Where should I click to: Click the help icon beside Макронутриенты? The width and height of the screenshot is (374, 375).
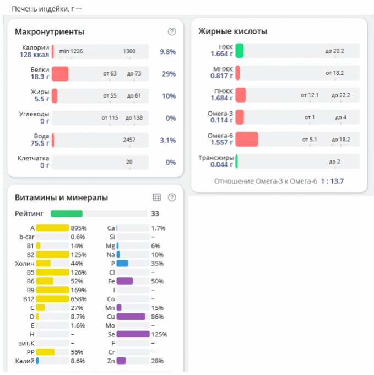172,31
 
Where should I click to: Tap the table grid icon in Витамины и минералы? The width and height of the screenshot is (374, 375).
156,197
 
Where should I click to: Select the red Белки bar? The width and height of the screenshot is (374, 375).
60,74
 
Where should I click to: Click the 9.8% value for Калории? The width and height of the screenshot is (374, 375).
167,52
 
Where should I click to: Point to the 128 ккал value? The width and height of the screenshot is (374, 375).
35,55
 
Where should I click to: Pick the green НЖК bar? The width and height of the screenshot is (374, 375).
240,51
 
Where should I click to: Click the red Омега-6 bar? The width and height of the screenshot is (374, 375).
247,139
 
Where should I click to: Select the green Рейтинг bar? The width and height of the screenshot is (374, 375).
67,213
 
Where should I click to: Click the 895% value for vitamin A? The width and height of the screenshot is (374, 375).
80,228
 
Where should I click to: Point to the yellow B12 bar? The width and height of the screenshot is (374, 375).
52,299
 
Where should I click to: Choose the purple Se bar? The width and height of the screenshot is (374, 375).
133,334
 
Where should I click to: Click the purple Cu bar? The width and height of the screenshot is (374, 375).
131,317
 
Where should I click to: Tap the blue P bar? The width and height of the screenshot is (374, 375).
122,264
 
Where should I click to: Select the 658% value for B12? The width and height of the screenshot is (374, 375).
80,299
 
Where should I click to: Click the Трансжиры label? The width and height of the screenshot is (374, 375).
216,158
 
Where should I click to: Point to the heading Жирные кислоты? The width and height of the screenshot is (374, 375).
232,31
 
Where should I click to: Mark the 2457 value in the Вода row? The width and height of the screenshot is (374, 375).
129,140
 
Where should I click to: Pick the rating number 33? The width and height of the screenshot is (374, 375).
155,213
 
